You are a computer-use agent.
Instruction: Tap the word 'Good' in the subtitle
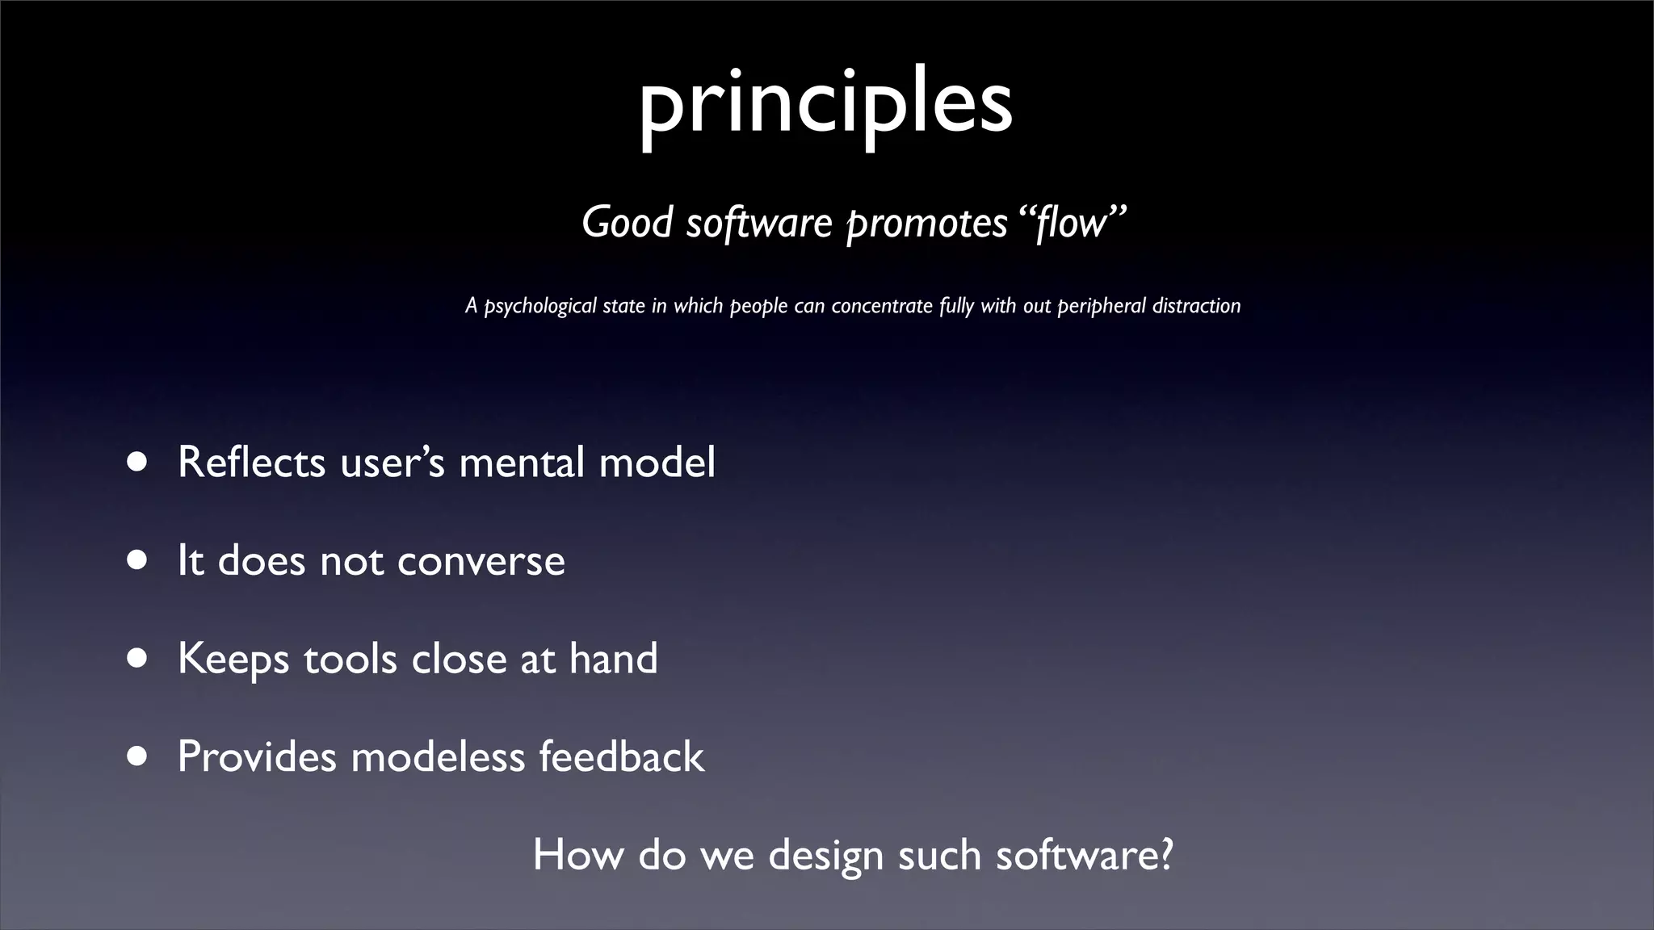click(627, 222)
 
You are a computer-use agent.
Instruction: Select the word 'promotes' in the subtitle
click(926, 224)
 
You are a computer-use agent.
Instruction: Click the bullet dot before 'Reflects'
click(136, 463)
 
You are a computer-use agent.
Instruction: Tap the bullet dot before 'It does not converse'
click(136, 560)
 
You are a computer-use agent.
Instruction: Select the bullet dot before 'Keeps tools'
click(136, 659)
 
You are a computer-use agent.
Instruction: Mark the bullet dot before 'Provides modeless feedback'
click(136, 756)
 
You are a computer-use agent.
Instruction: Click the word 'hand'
click(613, 658)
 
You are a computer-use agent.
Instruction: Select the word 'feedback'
click(621, 756)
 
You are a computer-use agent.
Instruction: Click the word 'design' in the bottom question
click(825, 856)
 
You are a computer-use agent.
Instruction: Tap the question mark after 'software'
click(1163, 854)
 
